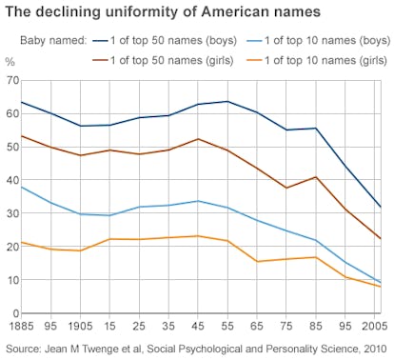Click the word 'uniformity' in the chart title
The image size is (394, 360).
156,13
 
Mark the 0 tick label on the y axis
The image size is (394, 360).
14,313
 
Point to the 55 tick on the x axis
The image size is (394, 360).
225,326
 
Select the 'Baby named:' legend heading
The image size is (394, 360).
53,41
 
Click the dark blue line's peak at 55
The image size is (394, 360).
225,101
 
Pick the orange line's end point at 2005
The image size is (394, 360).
381,287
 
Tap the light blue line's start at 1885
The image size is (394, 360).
21,187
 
